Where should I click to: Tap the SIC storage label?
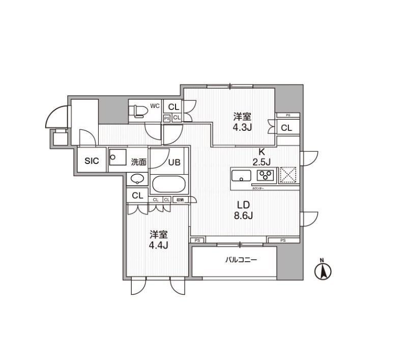coord(92,161)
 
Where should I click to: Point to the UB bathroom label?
coord(175,162)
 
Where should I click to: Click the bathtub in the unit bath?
coord(169,184)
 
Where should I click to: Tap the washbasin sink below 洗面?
coord(137,179)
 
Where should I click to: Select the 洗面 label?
coord(138,162)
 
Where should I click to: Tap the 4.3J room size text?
coord(243,127)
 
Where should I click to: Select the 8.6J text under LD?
coord(243,215)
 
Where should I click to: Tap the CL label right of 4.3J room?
coord(286,128)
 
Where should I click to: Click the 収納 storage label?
coord(181,200)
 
